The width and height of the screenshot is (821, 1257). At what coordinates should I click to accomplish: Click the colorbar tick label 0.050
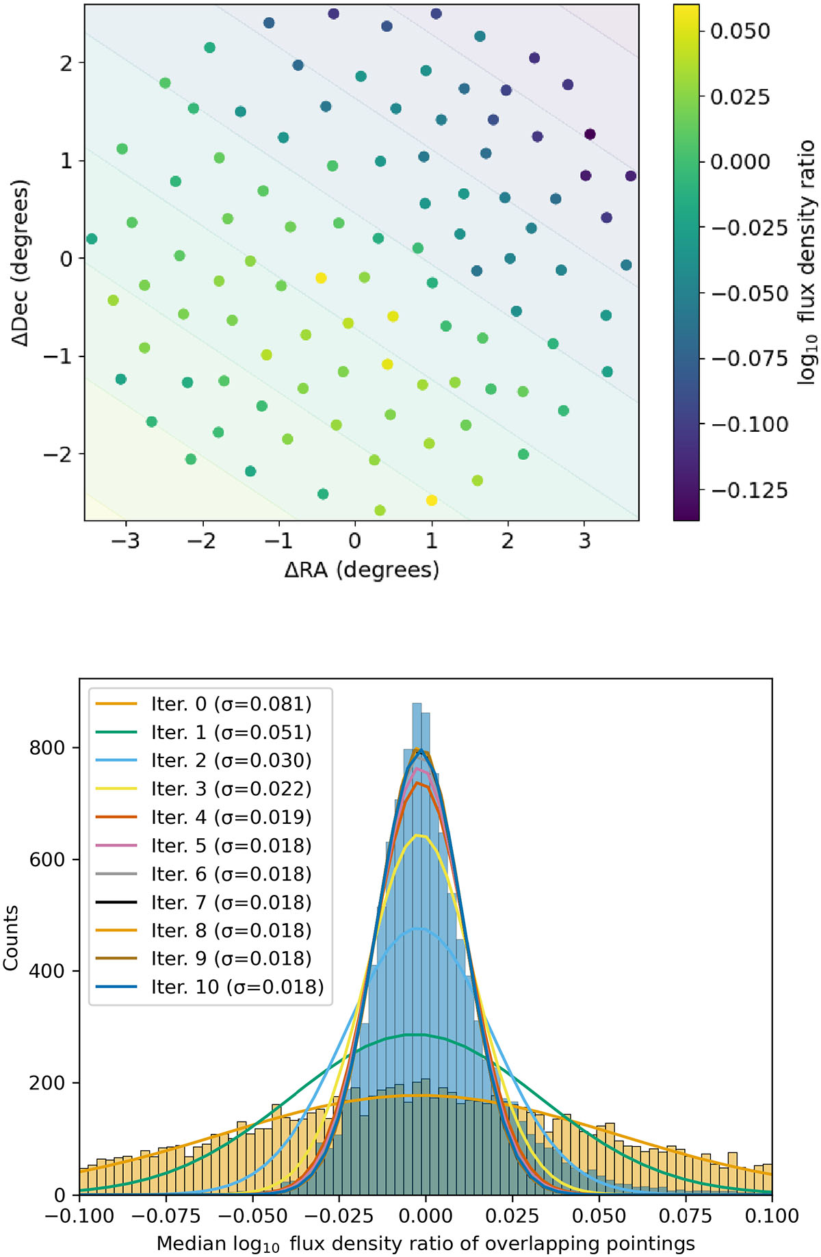point(740,31)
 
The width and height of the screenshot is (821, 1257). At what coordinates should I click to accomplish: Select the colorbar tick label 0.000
point(740,162)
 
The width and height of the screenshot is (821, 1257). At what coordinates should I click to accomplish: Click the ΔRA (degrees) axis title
point(361,569)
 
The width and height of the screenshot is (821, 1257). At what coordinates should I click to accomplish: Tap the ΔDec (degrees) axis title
point(21,263)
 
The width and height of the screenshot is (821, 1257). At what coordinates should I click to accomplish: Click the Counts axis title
point(11,937)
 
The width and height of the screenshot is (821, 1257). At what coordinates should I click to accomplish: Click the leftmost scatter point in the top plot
point(92,239)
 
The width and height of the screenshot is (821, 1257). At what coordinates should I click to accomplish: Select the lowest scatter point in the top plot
point(380,510)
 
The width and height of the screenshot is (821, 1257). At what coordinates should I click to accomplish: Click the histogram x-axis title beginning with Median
point(426,1243)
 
